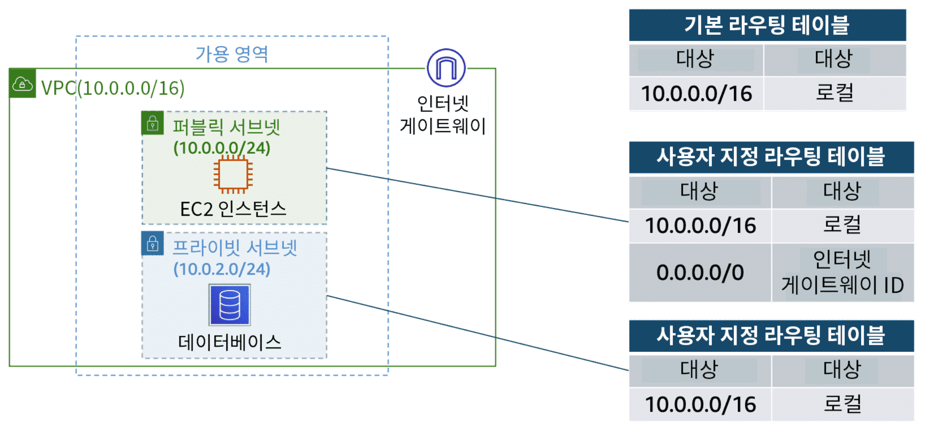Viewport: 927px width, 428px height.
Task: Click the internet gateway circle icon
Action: tap(446, 68)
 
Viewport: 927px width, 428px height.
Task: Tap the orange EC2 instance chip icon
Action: tap(233, 175)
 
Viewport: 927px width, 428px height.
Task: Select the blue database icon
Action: tap(230, 305)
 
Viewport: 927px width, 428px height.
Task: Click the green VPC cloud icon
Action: tap(22, 83)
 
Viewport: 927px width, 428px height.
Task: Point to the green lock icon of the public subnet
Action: tap(153, 123)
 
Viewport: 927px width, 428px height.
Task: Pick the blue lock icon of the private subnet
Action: tap(153, 244)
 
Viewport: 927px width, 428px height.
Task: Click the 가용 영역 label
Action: tap(232, 54)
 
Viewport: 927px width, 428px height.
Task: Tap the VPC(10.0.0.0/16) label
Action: tap(113, 88)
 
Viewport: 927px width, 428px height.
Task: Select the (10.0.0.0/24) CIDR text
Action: tap(222, 148)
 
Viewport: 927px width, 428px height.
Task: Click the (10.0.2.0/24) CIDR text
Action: tap(222, 269)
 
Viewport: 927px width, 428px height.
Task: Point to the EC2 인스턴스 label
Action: tap(233, 209)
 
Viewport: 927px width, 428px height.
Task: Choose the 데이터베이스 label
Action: tap(230, 342)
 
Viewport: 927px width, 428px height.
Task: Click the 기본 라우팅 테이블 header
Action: tap(767, 25)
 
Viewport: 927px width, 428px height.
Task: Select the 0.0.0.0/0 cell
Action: tap(700, 273)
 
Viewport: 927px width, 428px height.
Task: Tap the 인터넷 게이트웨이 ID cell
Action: tap(843, 273)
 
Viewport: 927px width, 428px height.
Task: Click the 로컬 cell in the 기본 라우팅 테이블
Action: tap(835, 93)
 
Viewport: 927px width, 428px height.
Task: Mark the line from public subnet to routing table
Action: tap(478, 195)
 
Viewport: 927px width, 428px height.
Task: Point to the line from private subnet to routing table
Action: tap(478, 333)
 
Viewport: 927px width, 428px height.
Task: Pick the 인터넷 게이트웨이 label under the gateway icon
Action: tap(443, 115)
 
